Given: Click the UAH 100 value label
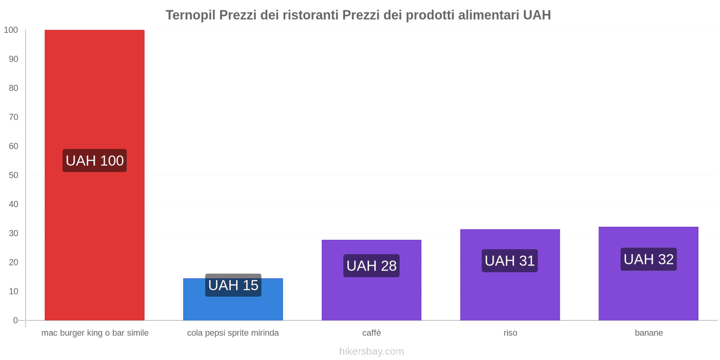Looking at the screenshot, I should [x=94, y=161].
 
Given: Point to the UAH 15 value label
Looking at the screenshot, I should [x=233, y=285].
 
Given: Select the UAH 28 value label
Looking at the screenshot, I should [x=371, y=265].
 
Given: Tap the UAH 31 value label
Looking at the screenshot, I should [x=510, y=261].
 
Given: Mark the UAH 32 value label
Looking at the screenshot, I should [x=648, y=259].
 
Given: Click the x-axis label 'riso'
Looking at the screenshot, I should [x=510, y=333].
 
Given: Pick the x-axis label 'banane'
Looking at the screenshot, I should [x=648, y=333].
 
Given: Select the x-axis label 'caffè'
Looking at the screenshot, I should [x=372, y=333].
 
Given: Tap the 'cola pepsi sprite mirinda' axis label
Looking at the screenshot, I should [x=233, y=333].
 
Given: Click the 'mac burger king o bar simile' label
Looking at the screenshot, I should [x=95, y=333].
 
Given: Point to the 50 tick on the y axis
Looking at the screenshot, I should [x=13, y=175].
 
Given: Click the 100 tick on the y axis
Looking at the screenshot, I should [x=11, y=30].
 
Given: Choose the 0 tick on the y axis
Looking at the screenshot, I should [x=16, y=320].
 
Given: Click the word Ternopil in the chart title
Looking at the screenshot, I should [x=190, y=15].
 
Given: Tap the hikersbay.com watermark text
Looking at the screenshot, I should [x=372, y=351].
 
